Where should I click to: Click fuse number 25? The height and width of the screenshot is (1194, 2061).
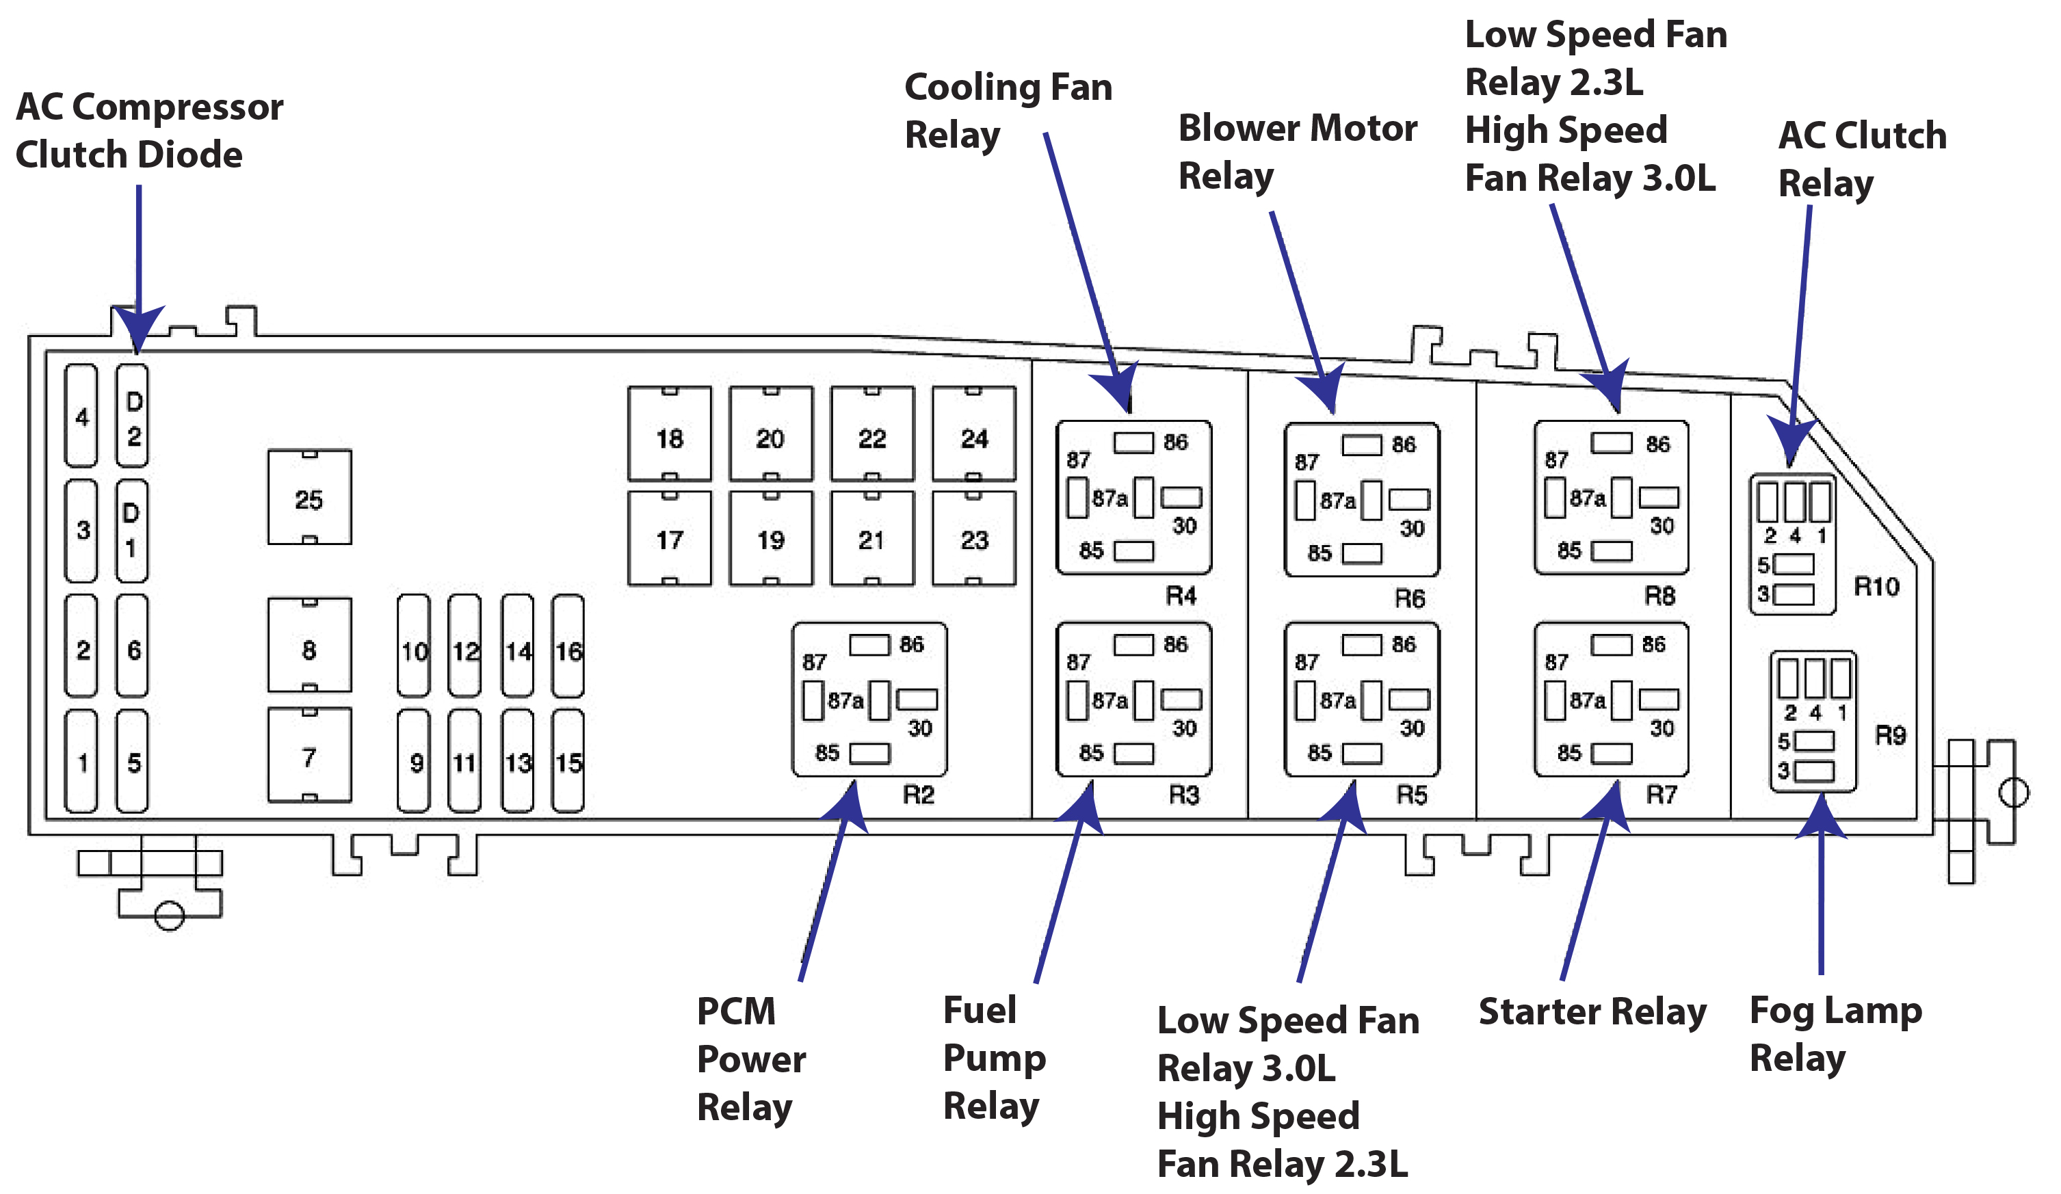point(309,499)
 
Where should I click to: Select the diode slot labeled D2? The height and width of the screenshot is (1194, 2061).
point(133,417)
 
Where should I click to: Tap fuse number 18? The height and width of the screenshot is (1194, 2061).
point(669,438)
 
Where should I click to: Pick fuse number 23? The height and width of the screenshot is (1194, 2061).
point(973,540)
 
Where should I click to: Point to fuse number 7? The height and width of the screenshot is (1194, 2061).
point(309,757)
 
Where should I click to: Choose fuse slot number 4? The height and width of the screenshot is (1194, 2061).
point(81,417)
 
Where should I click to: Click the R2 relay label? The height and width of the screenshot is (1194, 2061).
point(918,794)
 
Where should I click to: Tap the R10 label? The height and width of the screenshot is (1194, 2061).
point(1876,586)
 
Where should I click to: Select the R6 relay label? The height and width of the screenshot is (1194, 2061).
point(1409,598)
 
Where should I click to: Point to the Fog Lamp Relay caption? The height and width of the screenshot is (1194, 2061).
point(1835,1034)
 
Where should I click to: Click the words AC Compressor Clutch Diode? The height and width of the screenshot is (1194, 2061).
point(149,131)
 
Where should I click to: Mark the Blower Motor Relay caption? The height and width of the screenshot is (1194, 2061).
point(1296,152)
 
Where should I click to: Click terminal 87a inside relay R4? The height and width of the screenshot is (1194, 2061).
point(1109,498)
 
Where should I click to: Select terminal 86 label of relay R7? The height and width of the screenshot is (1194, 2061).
point(1653,644)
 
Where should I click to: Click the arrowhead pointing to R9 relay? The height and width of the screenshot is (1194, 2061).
point(1822,818)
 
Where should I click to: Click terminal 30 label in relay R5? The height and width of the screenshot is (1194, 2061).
point(1412,728)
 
